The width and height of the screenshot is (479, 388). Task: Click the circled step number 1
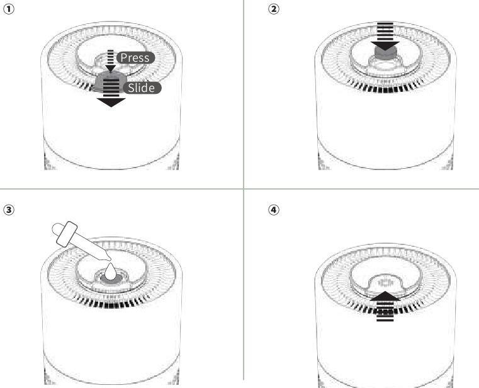click(x=9, y=9)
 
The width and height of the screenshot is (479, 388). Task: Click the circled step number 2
click(x=273, y=9)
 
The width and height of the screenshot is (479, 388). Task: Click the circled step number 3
click(x=9, y=210)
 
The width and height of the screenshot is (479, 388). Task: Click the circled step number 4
click(x=273, y=210)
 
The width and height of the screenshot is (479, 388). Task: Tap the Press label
click(x=135, y=57)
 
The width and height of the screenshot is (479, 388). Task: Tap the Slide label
click(x=142, y=88)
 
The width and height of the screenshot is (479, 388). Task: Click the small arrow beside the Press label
click(x=111, y=61)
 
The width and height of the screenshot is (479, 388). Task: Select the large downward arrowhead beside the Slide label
click(x=111, y=103)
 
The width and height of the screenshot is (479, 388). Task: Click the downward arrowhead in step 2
click(x=385, y=46)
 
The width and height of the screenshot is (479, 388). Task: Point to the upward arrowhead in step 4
click(x=385, y=296)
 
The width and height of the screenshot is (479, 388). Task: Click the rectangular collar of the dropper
click(x=67, y=234)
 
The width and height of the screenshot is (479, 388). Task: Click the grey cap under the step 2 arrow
click(x=385, y=52)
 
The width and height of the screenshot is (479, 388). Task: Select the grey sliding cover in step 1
click(x=110, y=82)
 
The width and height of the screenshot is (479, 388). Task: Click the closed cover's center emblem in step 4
click(x=385, y=282)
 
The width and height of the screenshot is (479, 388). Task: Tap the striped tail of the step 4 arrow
click(x=385, y=311)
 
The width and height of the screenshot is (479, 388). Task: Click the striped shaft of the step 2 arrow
click(x=385, y=31)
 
